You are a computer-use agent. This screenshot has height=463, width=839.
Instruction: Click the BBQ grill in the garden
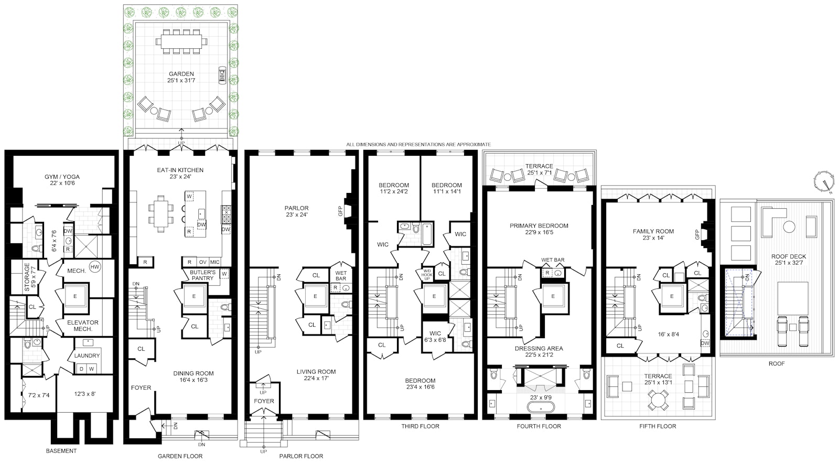(222, 76)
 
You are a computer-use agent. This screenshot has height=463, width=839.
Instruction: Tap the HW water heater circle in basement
(95, 267)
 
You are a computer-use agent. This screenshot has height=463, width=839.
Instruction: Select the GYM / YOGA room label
(62, 177)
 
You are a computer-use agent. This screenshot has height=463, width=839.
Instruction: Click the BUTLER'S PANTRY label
(202, 275)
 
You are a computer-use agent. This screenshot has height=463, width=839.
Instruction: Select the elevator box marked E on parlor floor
(315, 296)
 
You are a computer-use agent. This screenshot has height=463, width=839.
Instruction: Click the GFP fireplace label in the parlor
(340, 211)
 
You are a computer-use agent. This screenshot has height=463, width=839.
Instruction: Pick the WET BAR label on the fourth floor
(553, 260)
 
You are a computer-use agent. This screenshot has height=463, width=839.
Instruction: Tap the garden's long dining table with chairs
(181, 41)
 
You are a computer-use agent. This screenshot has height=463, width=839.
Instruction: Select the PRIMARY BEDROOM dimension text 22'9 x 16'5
(539, 232)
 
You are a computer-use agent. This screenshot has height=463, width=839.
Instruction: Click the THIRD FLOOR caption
(420, 426)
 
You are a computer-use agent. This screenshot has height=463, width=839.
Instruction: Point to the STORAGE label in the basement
(27, 277)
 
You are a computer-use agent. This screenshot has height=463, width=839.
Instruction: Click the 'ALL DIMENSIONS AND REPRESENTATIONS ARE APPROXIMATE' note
(418, 144)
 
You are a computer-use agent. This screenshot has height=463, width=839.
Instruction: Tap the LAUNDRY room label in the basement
(87, 356)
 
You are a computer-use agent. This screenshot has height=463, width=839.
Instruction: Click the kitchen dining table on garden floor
(162, 213)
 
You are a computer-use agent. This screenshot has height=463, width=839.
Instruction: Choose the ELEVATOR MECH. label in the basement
(82, 326)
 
